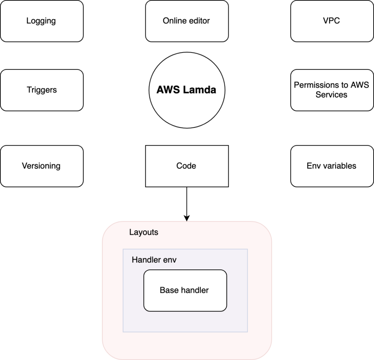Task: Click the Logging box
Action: point(42,21)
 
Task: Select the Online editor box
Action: point(187,21)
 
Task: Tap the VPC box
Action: point(332,21)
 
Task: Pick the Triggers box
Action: point(42,90)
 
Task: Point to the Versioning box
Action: point(42,166)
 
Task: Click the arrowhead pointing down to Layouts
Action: point(187,218)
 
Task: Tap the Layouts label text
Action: point(144,232)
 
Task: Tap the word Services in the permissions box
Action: point(331,95)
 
